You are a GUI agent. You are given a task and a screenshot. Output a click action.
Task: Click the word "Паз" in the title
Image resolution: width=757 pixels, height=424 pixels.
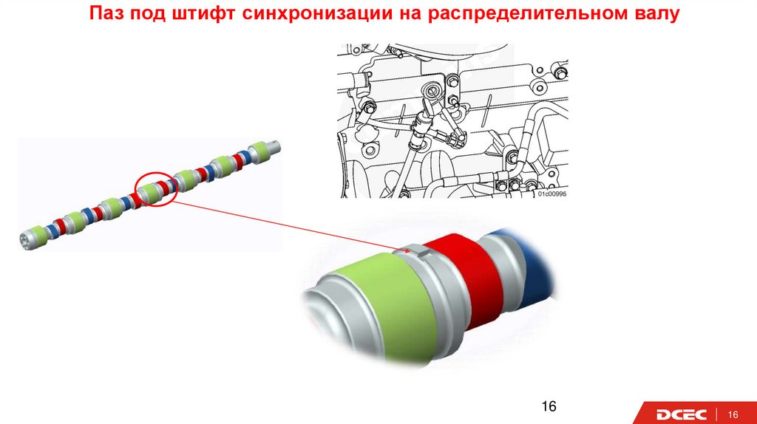[106, 13]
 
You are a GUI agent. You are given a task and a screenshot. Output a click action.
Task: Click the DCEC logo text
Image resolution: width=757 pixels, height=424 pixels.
[681, 414]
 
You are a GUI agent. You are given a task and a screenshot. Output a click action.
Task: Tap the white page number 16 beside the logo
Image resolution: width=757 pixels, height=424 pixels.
[733, 414]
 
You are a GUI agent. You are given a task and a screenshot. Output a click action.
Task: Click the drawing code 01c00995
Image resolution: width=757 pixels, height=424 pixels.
[551, 194]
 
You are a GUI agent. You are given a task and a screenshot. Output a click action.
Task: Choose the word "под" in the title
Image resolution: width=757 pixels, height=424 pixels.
[148, 14]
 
